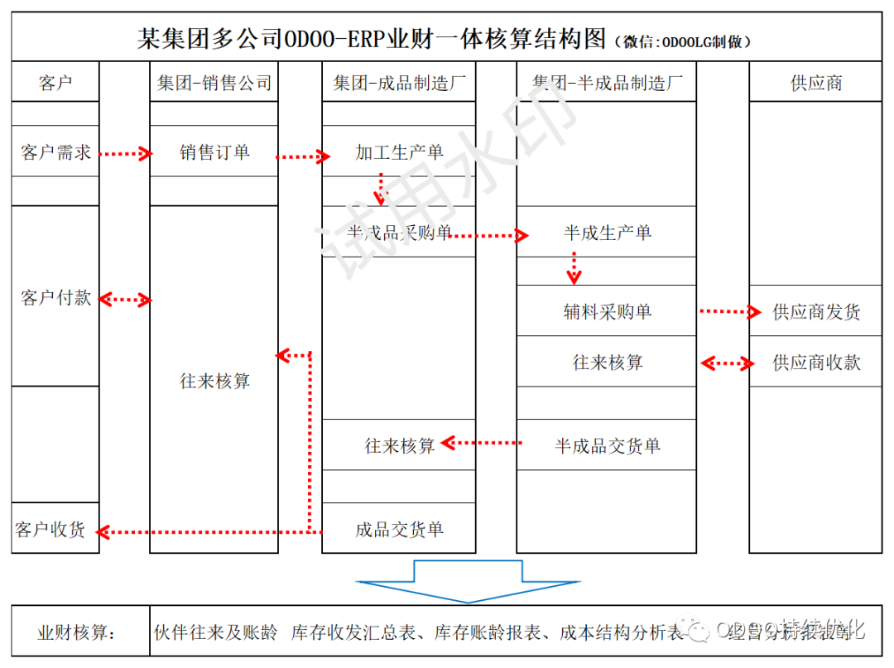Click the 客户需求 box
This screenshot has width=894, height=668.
coord(55,152)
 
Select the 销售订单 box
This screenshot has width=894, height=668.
coord(214,152)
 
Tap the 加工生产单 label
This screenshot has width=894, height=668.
coord(399,152)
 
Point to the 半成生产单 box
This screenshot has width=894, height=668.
coord(606,233)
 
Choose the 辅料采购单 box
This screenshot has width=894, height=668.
coord(606,311)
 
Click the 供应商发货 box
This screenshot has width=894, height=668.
coord(816,312)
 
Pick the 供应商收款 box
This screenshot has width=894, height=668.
coord(816,363)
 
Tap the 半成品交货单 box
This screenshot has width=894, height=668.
coord(606,445)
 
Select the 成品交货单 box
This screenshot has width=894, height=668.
coord(399,529)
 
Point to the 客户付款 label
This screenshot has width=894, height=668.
coord(55,298)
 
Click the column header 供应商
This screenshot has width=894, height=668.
coord(816,83)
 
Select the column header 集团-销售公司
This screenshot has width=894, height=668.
coord(214,83)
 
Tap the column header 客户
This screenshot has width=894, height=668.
coord(55,83)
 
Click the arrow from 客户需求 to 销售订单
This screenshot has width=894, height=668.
coord(125,153)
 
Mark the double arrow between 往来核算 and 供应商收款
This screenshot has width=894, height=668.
coord(727,363)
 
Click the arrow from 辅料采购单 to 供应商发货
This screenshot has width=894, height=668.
coord(728,311)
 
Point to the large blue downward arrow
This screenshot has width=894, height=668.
coord(468,580)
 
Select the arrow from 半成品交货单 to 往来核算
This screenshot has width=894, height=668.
coord(482,444)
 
